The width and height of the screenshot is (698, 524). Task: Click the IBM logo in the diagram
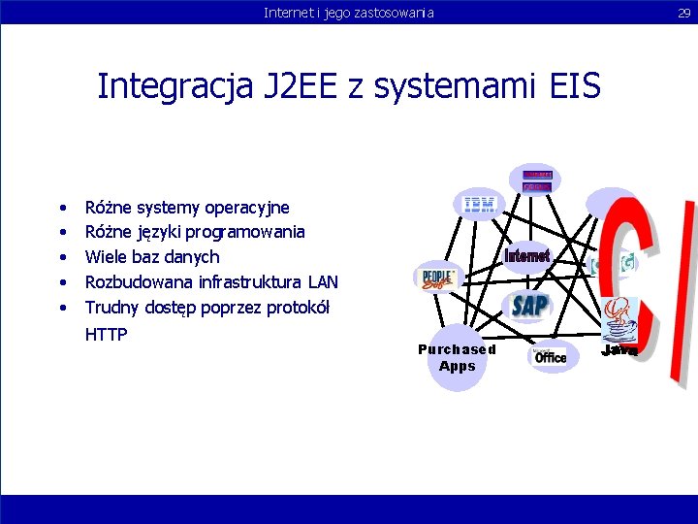(x=480, y=205)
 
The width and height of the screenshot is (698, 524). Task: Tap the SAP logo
(x=529, y=307)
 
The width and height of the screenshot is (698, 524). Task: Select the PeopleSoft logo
(x=435, y=279)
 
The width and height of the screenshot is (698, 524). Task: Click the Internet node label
(x=527, y=256)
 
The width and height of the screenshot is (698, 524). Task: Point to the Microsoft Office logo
(x=550, y=356)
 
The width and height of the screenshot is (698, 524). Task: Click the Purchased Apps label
(x=457, y=357)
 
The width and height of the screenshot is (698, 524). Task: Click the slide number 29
(x=682, y=12)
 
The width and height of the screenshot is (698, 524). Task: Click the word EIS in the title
(x=569, y=86)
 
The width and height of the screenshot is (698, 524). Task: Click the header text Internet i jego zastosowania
(x=349, y=12)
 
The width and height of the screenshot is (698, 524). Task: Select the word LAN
(x=323, y=282)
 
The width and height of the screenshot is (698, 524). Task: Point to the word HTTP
(x=107, y=334)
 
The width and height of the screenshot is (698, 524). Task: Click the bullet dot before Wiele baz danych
(x=62, y=257)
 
